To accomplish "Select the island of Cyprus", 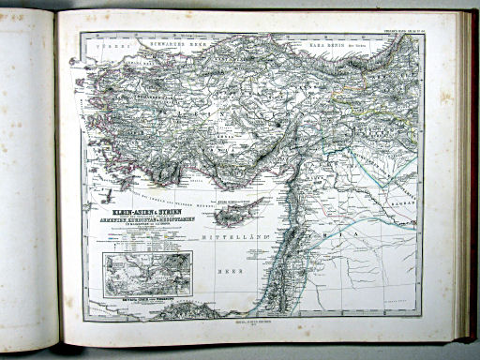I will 231,215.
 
